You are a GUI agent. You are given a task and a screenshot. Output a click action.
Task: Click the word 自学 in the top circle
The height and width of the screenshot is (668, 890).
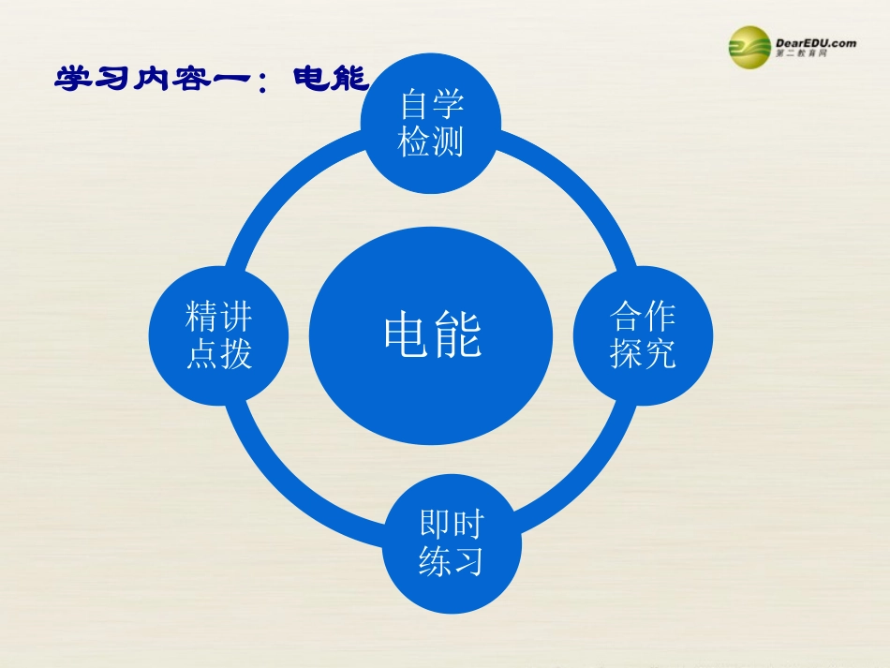pos(431,105)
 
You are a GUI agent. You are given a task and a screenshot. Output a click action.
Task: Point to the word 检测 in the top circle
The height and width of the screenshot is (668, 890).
pos(431,142)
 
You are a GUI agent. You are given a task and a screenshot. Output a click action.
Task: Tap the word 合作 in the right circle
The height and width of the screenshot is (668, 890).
pos(643,317)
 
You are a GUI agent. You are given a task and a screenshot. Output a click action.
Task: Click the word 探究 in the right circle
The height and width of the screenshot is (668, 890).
pos(643,354)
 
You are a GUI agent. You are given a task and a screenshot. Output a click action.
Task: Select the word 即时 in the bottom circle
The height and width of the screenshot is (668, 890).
pos(452,525)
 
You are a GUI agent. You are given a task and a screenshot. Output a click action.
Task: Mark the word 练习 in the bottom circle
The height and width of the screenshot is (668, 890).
pos(452,562)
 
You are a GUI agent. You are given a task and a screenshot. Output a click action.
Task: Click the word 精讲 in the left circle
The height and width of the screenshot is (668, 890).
pos(219,317)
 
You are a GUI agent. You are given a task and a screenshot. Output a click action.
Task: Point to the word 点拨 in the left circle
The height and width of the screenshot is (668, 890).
pos(219,354)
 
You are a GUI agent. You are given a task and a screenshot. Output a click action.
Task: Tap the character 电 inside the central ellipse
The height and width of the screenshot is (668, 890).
pos(407,334)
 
